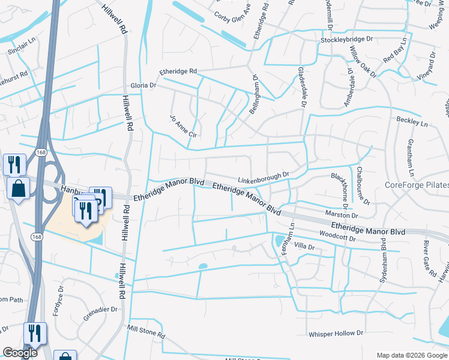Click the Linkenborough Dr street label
coord(263,178)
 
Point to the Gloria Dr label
coord(143,86)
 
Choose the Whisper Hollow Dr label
coord(336,333)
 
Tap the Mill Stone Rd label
coord(146,331)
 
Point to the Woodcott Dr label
coord(338,235)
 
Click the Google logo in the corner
coord(20,353)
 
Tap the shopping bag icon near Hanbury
coord(19,188)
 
